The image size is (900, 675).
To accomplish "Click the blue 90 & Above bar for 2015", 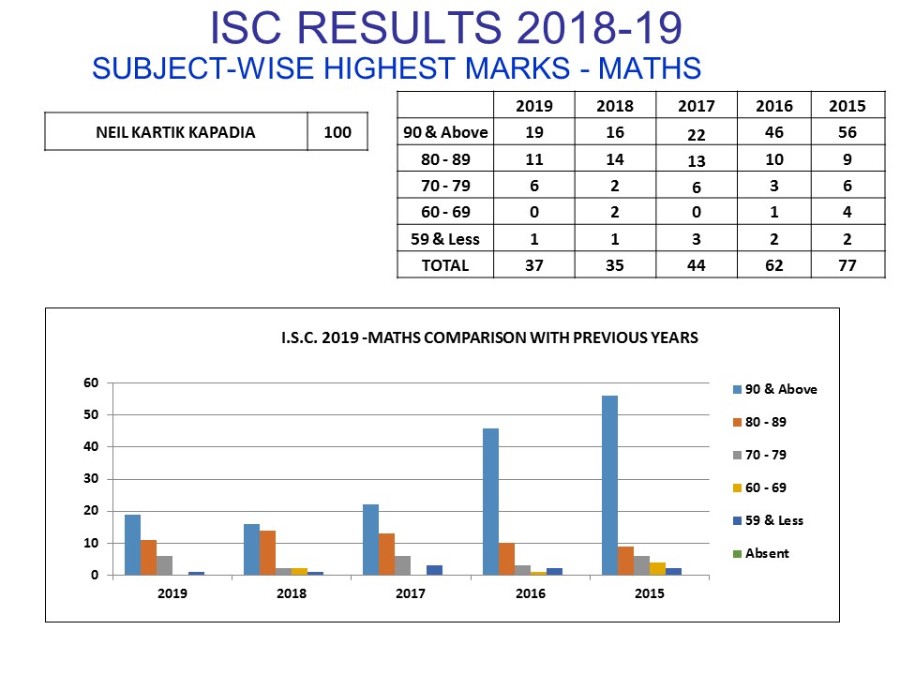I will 609,486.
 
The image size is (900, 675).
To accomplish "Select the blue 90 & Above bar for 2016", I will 490,502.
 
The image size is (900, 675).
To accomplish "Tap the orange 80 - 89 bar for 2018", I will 267,552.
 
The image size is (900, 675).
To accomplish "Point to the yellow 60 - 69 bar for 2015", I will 657,568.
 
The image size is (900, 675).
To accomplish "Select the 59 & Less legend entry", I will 773,520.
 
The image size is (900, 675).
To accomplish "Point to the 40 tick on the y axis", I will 91,447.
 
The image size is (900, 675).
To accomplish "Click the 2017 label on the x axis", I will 411,593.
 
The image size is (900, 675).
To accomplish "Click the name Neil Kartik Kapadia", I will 175,132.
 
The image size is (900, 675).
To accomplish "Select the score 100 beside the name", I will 337,132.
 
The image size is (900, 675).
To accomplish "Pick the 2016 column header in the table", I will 773,106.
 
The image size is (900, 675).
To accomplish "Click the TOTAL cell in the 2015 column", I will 847,265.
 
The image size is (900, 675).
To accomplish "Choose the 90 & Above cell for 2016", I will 773,132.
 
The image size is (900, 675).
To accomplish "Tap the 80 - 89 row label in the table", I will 445,159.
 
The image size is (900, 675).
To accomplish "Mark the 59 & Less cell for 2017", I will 697,239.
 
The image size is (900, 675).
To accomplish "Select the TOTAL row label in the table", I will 445,265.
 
